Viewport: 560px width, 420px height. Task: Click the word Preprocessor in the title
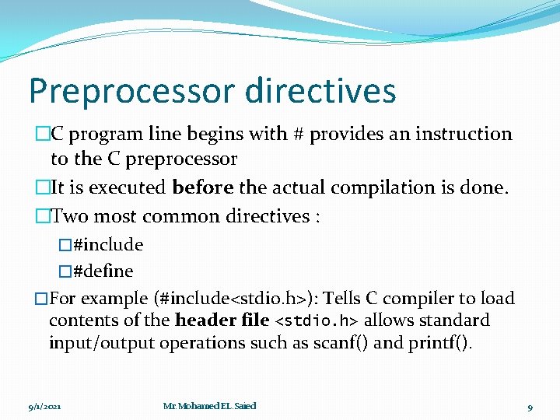click(x=131, y=91)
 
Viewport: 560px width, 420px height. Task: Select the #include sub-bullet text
click(x=107, y=245)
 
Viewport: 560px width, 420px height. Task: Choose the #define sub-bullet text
click(x=103, y=271)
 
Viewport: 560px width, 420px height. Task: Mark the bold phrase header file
click(x=222, y=320)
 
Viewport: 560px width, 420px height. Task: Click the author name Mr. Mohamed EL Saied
click(x=209, y=406)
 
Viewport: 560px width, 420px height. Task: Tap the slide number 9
click(x=530, y=407)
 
